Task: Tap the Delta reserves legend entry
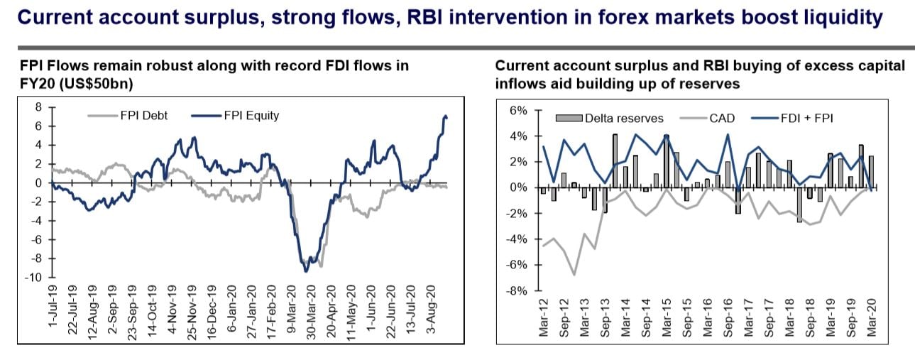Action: click(x=614, y=118)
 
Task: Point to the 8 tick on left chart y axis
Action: click(x=39, y=107)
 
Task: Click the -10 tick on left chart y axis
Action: click(x=34, y=277)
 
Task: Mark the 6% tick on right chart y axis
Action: click(x=517, y=111)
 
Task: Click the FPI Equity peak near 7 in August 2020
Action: click(x=445, y=116)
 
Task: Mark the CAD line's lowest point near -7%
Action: click(x=574, y=275)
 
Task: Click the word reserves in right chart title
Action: click(x=711, y=83)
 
